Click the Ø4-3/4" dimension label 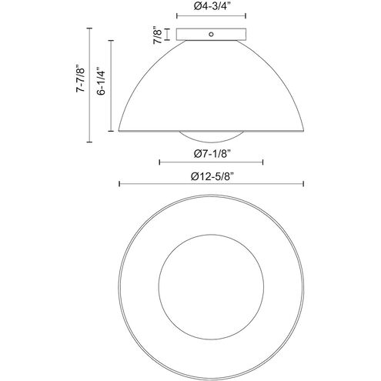pos(211,7)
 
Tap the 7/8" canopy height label pos(158,35)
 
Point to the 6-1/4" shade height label pos(102,81)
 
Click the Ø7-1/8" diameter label pos(211,154)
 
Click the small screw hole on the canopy pos(211,34)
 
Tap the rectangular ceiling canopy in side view pos(211,34)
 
